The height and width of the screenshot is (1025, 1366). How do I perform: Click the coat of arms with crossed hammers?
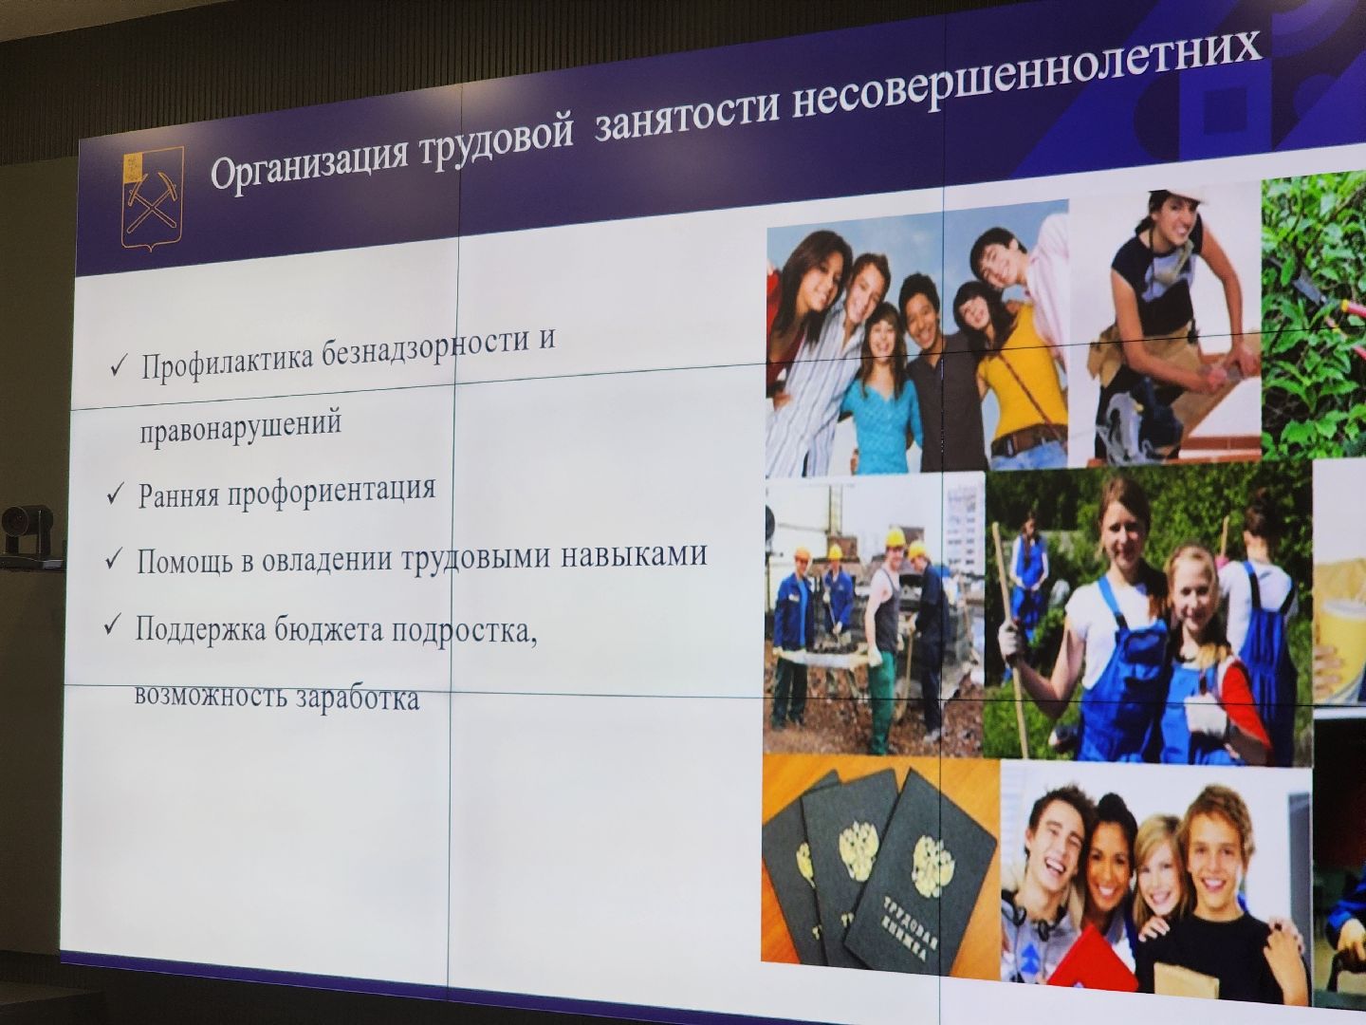pyautogui.click(x=152, y=198)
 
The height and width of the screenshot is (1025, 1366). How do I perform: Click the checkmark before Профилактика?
pyautogui.click(x=120, y=365)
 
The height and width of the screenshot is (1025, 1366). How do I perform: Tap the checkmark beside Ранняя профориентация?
pyautogui.click(x=116, y=494)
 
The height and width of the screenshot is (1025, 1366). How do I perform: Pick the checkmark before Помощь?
pyautogui.click(x=114, y=559)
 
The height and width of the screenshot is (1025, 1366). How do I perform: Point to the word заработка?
pyautogui.click(x=357, y=699)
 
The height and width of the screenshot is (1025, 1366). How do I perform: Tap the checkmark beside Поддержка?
pyautogui.click(x=113, y=625)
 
